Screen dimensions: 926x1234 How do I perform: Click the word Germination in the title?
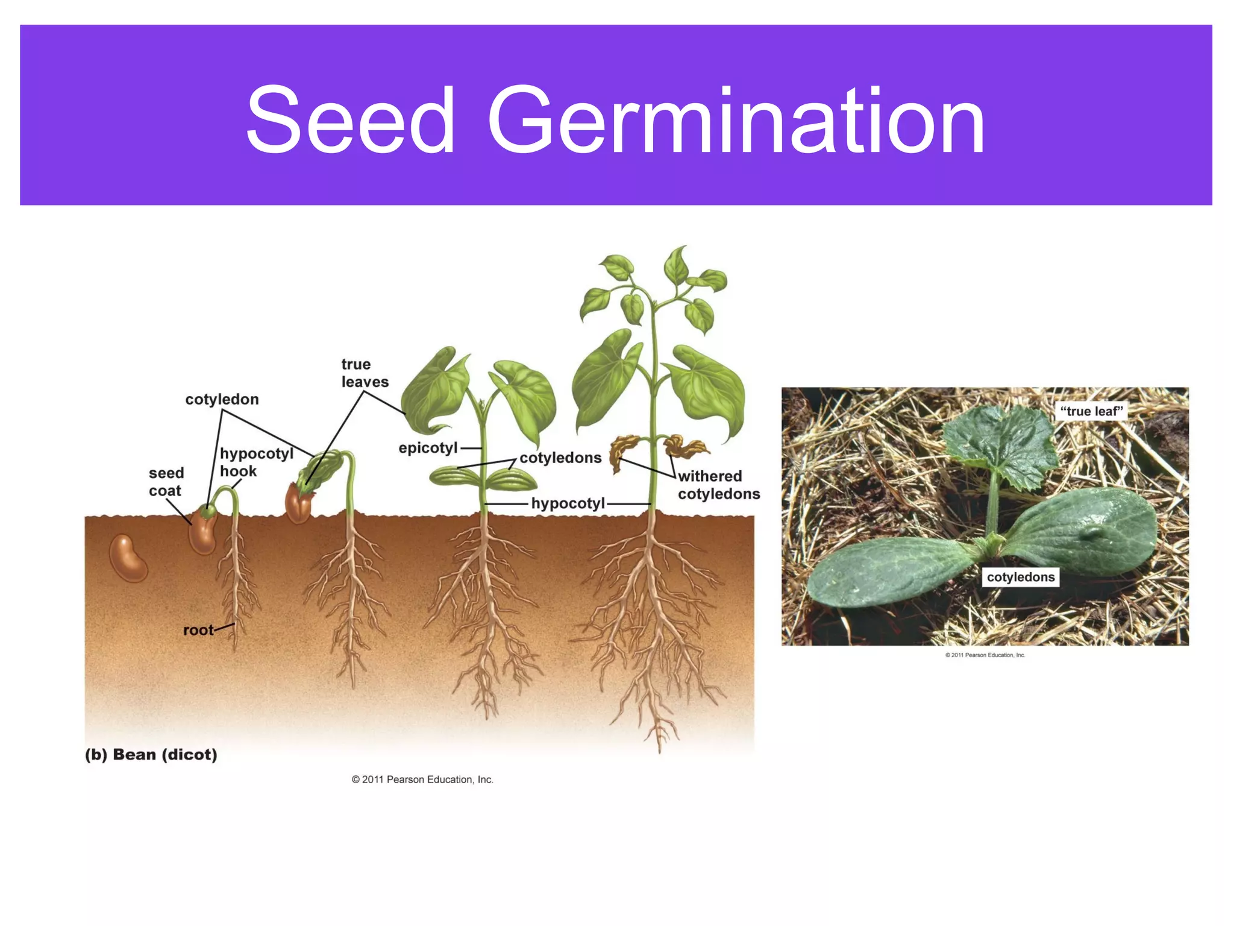click(x=736, y=121)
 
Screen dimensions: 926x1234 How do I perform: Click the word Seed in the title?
click(x=350, y=121)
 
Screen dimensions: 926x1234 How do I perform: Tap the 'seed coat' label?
click(x=166, y=482)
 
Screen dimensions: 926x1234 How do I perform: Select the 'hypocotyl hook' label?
click(x=255, y=462)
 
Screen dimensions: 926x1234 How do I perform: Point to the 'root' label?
click(x=198, y=630)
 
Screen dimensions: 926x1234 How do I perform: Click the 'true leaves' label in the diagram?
click(x=365, y=373)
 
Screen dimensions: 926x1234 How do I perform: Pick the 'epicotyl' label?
click(x=428, y=448)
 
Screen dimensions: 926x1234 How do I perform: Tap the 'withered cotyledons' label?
click(x=718, y=485)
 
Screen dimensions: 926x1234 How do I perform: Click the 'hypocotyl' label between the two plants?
click(x=568, y=503)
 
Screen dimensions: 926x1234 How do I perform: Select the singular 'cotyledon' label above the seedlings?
click(x=222, y=399)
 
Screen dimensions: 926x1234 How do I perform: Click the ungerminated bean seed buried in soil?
click(x=128, y=558)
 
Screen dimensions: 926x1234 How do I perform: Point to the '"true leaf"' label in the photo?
click(x=1091, y=411)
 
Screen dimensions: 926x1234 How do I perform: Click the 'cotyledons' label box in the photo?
click(x=1020, y=577)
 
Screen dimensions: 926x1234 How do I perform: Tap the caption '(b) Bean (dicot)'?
click(x=151, y=754)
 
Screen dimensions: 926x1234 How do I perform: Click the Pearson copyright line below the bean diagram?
click(x=422, y=780)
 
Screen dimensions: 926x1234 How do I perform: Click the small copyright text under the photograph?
click(x=985, y=655)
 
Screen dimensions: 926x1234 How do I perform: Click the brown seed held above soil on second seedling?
click(x=298, y=503)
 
